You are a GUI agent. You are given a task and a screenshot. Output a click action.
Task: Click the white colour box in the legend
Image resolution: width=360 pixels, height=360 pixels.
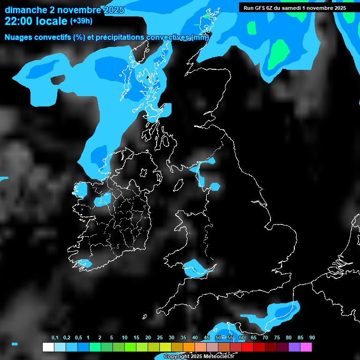(x=48, y=347)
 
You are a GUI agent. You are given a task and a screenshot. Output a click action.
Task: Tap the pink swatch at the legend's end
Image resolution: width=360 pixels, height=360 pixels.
(x=306, y=347)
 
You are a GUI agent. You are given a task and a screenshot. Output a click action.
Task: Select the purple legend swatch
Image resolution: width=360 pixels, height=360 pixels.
(x=294, y=347)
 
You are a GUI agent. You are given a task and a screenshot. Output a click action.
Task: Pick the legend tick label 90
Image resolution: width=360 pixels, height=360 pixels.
(x=312, y=337)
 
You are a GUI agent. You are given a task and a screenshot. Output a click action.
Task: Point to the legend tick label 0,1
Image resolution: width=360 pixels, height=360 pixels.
(x=55, y=337)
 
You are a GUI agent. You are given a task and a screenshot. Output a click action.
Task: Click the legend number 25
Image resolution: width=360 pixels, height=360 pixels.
(x=159, y=337)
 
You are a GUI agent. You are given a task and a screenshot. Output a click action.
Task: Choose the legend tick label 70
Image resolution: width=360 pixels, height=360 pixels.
(x=265, y=337)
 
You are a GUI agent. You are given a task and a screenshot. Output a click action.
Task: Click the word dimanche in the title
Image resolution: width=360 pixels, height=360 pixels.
(x=26, y=10)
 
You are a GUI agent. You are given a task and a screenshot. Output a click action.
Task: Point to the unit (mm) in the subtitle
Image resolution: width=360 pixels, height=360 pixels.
(x=200, y=37)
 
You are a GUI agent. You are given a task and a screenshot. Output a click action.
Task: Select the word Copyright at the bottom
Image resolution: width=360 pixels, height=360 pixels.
(x=177, y=356)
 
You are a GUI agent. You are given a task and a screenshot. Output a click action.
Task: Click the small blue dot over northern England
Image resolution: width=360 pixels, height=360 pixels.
(x=215, y=187)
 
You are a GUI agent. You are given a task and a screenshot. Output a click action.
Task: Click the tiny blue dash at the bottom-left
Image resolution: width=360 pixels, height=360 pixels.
(x=15, y=344)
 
